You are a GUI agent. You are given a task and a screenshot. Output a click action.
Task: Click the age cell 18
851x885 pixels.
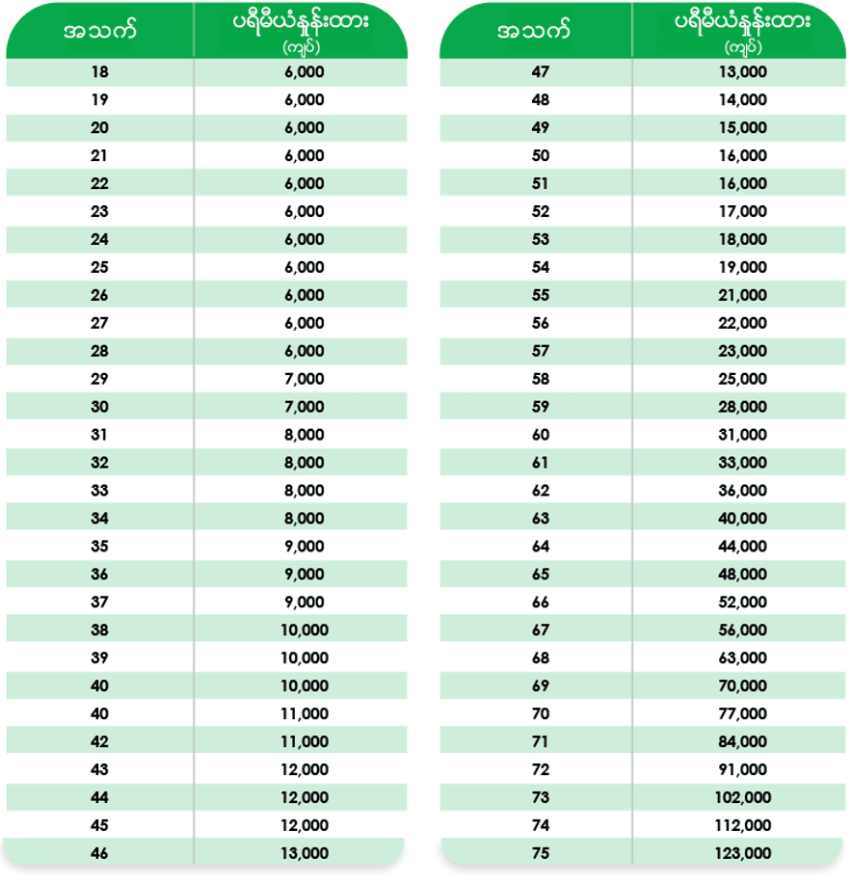[x=99, y=71]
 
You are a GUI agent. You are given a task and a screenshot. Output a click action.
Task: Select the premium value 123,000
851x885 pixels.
[x=743, y=853]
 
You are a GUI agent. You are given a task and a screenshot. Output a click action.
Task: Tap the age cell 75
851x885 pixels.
[x=541, y=853]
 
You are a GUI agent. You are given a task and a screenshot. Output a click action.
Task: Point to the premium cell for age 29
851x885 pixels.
[x=305, y=379]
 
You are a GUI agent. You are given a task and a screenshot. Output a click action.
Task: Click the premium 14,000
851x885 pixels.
[x=743, y=99]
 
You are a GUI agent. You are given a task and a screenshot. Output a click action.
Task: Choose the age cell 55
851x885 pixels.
[x=541, y=295]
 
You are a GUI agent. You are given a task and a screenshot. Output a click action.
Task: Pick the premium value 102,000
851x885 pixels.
[x=743, y=797]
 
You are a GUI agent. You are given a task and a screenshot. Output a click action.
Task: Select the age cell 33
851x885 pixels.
[x=99, y=491]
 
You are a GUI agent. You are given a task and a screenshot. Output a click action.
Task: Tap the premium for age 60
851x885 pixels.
[x=743, y=435]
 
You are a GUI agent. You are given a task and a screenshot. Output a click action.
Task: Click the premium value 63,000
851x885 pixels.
[x=743, y=658]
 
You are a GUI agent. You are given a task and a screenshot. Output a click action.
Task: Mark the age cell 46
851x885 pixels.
[x=99, y=853]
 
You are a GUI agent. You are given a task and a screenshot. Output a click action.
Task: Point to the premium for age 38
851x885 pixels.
[x=305, y=630]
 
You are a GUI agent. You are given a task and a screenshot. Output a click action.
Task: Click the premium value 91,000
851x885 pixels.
[x=743, y=769]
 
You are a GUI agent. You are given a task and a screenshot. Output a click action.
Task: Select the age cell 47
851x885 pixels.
[x=541, y=71]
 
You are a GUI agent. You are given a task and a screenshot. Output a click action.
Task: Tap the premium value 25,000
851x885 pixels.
[x=743, y=379]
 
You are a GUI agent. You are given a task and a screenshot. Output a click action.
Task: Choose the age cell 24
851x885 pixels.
[x=99, y=239]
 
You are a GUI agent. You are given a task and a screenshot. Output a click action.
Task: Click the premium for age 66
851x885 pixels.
[x=743, y=603]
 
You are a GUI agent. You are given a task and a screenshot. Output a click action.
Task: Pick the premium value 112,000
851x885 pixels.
[x=743, y=825]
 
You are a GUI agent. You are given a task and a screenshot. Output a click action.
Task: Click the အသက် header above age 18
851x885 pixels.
[x=99, y=31]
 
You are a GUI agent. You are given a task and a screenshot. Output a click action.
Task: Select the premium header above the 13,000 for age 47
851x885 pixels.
[x=742, y=31]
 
